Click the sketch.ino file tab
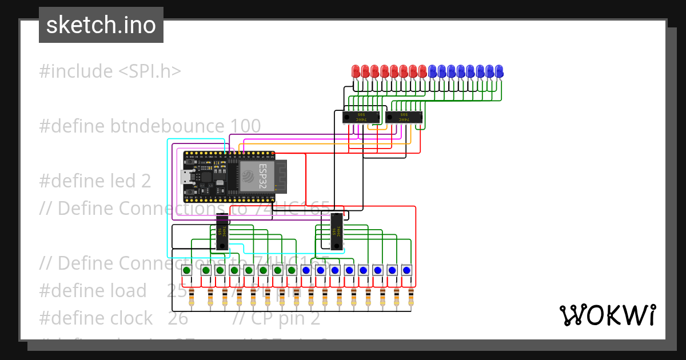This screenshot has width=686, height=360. point(101,25)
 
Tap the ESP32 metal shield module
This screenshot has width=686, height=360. point(257,176)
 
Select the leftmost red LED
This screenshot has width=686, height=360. point(356,71)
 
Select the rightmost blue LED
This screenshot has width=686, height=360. point(499,71)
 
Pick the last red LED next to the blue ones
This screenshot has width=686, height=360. point(422,71)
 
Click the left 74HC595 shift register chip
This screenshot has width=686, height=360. point(361,117)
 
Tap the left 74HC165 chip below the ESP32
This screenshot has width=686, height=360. point(221,232)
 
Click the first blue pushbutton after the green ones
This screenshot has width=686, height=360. point(306,270)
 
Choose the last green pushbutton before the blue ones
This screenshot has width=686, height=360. point(292,270)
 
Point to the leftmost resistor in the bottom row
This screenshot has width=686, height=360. point(192,297)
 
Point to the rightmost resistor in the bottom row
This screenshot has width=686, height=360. point(411,297)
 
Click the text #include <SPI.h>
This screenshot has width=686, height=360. point(110,71)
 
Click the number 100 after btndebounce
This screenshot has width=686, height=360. point(245,126)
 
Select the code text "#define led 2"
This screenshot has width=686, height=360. point(95,181)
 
